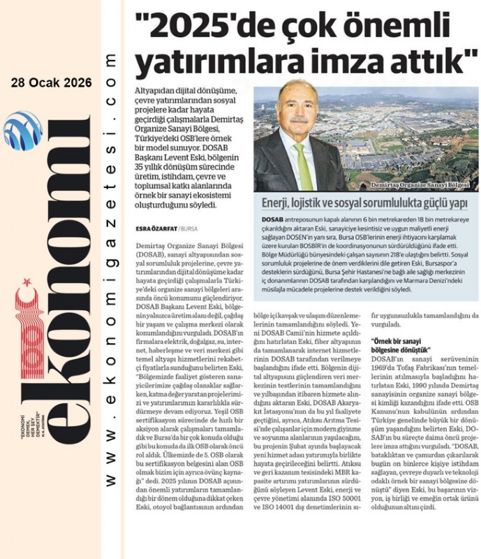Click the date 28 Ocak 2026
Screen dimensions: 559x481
(x=51, y=82)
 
